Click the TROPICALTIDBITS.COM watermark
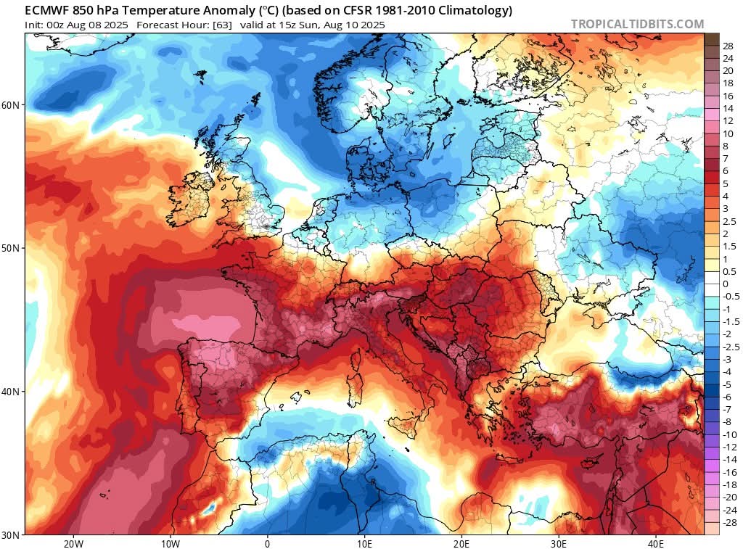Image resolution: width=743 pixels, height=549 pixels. coord(637,24)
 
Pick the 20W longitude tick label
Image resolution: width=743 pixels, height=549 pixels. coord(73,543)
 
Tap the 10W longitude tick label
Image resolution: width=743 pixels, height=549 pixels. coord(170,543)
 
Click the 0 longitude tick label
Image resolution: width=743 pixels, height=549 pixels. coord(267,543)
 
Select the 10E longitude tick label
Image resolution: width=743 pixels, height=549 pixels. coord(364,543)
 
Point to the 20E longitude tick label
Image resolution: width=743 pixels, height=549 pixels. coord(461,543)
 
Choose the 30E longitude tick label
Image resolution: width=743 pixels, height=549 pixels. coord(559,543)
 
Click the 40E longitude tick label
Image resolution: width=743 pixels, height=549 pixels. coord(655,543)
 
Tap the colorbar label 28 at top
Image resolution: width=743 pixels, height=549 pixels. coord(728,46)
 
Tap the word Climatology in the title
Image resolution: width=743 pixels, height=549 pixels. coord(480,11)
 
